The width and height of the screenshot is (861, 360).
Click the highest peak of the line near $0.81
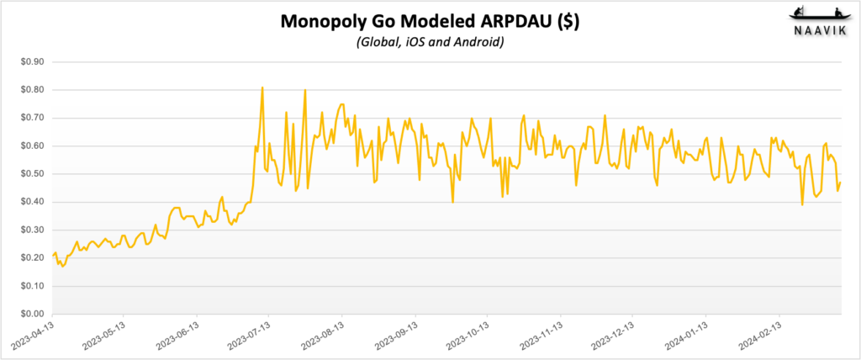pos(262,87)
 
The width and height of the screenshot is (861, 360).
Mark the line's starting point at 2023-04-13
pos(52,256)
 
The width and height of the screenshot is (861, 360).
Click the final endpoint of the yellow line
pos(840,183)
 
